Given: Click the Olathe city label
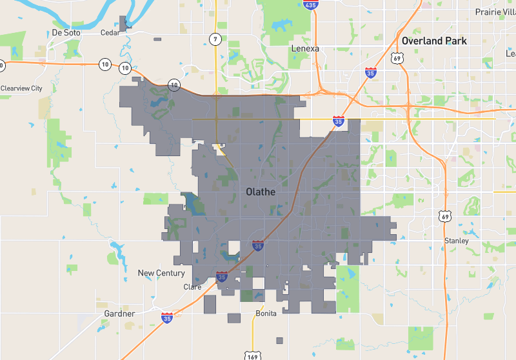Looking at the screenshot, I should pos(261,192).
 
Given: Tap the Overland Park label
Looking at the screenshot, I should pos(433,41).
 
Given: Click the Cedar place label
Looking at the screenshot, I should pos(110,33).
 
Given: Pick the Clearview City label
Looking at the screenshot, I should pos(21,88).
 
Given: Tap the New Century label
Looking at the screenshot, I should pos(161,273).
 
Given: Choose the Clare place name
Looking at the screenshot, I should pos(192,287).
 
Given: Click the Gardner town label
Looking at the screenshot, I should pos(119,314).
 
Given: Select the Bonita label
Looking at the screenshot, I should pos(266,314).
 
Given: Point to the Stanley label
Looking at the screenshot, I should pos(457,241).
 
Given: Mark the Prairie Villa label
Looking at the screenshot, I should pos(495,12).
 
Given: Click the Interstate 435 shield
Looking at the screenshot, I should pos(310,5).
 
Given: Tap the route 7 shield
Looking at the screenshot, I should pos(215,39).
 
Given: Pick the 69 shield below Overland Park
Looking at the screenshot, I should pos(398,59).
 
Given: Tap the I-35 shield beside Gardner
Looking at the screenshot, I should pos(167,317).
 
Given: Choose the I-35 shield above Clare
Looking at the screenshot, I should pos(222,277).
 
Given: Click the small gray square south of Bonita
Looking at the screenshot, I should pos(279,341).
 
